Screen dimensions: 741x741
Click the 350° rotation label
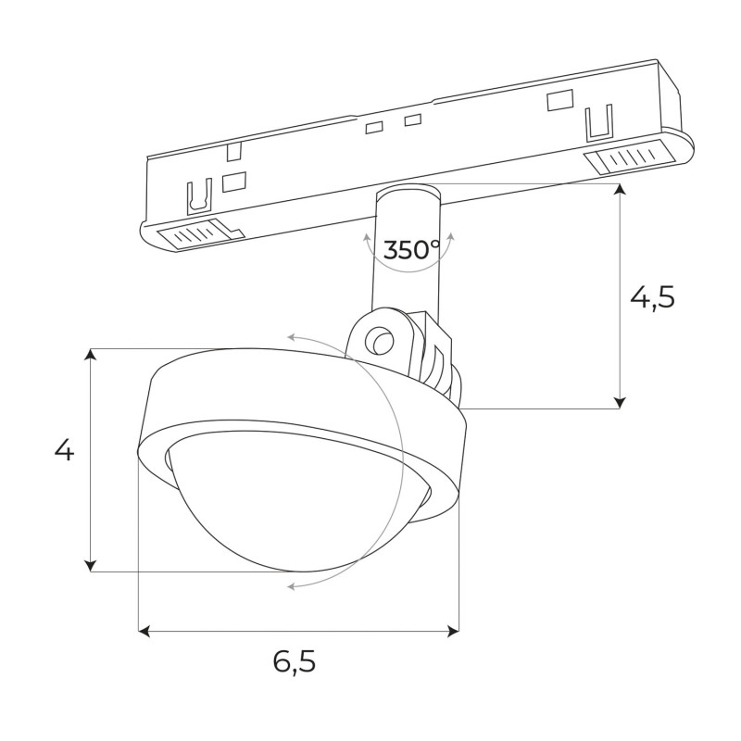point(412,249)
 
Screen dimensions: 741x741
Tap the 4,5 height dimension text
point(652,296)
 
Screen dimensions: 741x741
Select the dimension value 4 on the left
point(63,451)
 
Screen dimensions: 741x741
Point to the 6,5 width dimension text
point(295,661)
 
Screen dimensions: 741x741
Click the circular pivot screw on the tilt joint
point(378,340)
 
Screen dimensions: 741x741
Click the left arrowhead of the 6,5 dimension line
point(144,631)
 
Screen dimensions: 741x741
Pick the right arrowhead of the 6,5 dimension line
point(454,631)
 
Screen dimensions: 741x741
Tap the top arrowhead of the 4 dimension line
point(91,355)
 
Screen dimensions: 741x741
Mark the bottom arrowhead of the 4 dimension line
point(91,565)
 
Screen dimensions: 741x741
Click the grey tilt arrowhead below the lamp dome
point(293,585)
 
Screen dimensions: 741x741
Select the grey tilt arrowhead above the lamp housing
point(295,337)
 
